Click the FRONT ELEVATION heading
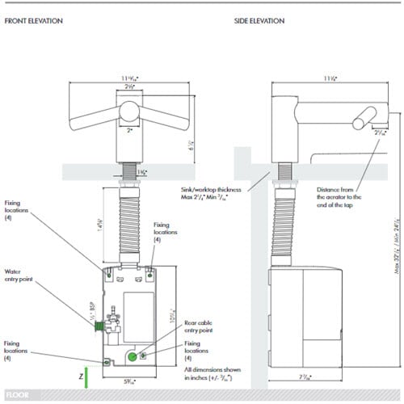pos(34,19)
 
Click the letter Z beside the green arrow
pos(80,376)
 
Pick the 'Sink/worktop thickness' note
pos(208,191)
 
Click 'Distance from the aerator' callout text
pos(339,197)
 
